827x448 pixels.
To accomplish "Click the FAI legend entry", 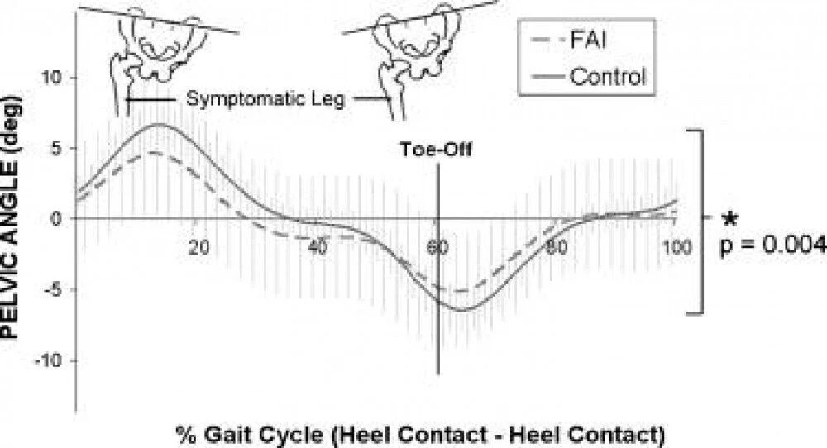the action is point(570,40).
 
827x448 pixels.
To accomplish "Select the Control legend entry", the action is point(588,77).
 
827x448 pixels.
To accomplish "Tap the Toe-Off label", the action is point(436,149).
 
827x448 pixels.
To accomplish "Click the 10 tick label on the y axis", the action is point(51,78).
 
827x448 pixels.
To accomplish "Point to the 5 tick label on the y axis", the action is point(57,148).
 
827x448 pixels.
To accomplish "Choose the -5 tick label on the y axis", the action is point(51,289).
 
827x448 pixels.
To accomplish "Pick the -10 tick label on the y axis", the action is point(49,360).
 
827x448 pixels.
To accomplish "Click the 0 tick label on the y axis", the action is point(56,219).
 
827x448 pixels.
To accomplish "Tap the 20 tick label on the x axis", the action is point(198,246).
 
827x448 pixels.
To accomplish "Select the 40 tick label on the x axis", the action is point(318,246).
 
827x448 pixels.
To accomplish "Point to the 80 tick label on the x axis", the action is point(557,246).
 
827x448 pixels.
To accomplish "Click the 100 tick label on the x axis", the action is point(677,246).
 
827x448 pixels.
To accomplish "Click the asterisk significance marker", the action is point(729,219).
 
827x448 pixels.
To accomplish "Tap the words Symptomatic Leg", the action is point(265,98).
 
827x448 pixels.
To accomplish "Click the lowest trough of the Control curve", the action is point(460,310).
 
